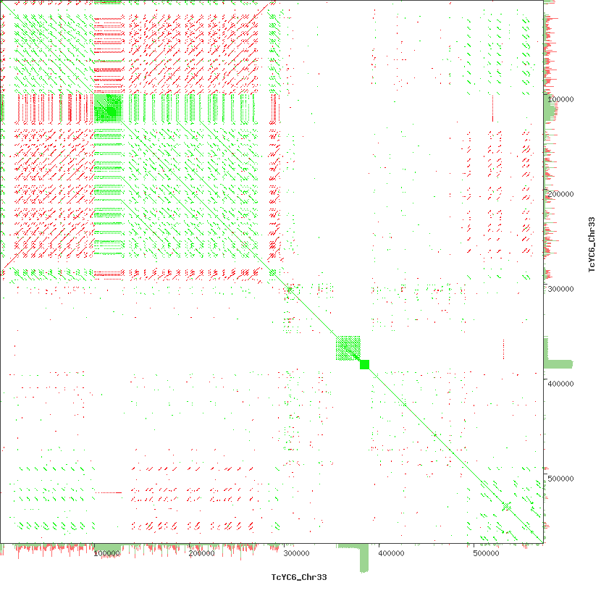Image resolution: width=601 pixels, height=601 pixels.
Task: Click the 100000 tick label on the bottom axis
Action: tap(107, 554)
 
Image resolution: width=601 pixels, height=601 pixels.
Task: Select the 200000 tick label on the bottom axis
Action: tap(201, 554)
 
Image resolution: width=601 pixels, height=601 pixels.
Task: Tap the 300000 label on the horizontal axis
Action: tap(296, 554)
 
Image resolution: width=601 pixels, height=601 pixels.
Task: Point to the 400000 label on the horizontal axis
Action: tap(391, 554)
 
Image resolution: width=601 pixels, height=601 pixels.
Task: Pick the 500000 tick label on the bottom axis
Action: tap(484, 554)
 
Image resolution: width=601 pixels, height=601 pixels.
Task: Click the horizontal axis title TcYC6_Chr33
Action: tap(299, 577)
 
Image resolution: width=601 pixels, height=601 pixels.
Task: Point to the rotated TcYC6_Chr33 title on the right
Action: tap(591, 243)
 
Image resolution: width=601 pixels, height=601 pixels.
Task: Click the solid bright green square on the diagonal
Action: tap(364, 364)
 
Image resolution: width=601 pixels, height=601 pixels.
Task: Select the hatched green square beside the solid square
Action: tap(348, 348)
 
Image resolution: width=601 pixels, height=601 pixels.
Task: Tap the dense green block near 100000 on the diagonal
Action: tap(108, 108)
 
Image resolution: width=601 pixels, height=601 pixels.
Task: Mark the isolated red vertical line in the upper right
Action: tap(492, 108)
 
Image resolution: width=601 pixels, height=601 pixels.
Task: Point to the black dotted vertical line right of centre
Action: tap(503, 349)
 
